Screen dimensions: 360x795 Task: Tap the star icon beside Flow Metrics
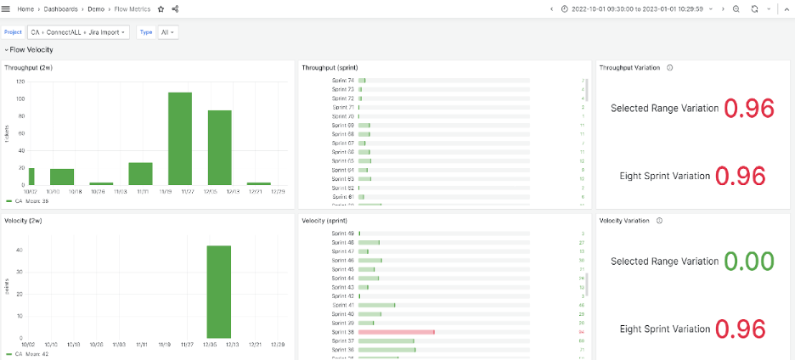pyautogui.click(x=161, y=8)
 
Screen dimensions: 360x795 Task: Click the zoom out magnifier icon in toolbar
pyautogui.click(x=736, y=8)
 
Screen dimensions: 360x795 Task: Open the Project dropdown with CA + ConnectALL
pyautogui.click(x=78, y=32)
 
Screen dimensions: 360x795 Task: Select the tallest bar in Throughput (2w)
pyautogui.click(x=179, y=138)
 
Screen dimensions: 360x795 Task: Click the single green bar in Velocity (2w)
pyautogui.click(x=219, y=293)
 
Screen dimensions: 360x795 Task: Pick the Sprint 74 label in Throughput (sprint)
pyautogui.click(x=343, y=81)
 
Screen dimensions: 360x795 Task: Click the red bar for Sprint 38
pyautogui.click(x=397, y=332)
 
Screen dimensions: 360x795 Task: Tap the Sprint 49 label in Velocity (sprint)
pyautogui.click(x=343, y=233)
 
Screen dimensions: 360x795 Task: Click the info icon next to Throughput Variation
pyautogui.click(x=670, y=67)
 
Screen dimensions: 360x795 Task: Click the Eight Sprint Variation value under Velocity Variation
pyautogui.click(x=741, y=329)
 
